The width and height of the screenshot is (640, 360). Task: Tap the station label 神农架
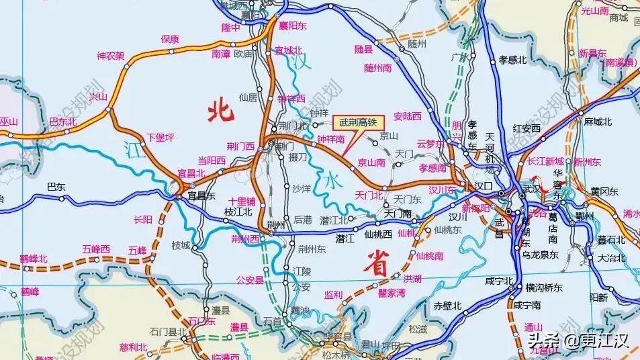pos(111,56)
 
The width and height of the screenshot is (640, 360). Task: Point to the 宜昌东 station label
pos(201,196)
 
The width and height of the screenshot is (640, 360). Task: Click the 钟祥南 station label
pos(330,140)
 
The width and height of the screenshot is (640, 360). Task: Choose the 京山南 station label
pos(371,163)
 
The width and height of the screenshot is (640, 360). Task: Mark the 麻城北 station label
pos(598,122)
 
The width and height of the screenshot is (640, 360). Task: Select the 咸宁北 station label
pos(500,281)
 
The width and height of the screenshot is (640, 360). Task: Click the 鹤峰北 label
pos(34,259)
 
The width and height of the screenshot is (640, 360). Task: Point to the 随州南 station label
pos(378,68)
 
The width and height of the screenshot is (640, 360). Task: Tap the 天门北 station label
pos(369,195)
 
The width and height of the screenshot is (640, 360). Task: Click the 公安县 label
pos(250,280)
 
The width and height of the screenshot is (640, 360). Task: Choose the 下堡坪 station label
pos(161,138)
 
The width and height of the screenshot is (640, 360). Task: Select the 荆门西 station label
pos(240,146)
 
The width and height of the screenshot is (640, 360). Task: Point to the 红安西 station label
pos(527,128)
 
